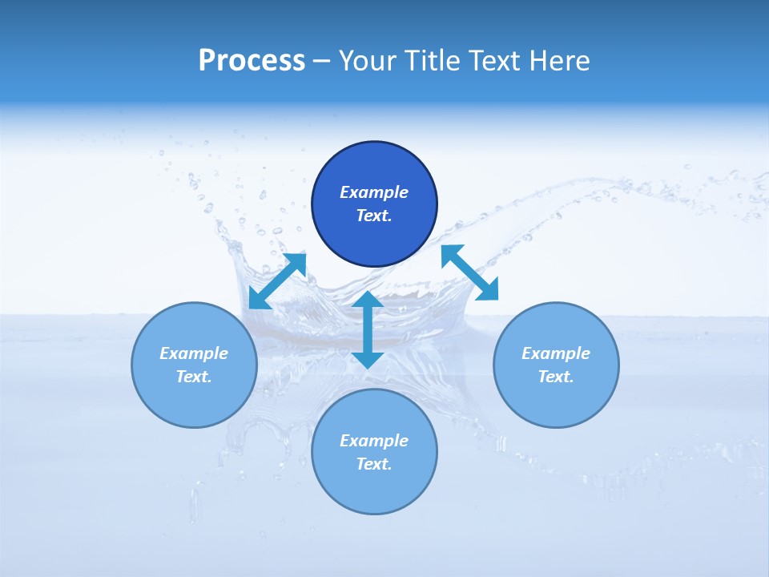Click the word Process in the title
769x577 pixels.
click(252, 61)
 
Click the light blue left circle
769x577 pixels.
click(194, 401)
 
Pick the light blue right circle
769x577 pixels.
click(556, 401)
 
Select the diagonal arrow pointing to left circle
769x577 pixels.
click(277, 281)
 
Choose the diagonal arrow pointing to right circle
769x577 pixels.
click(469, 272)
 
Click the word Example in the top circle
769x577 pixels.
click(374, 192)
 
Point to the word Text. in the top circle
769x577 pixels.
click(374, 216)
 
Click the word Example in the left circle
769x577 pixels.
click(194, 353)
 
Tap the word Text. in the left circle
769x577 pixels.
click(194, 377)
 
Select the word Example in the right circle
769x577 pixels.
click(556, 353)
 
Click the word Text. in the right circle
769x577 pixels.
click(556, 377)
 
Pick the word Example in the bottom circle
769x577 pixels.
click(374, 441)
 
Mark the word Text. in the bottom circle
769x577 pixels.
click(374, 464)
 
